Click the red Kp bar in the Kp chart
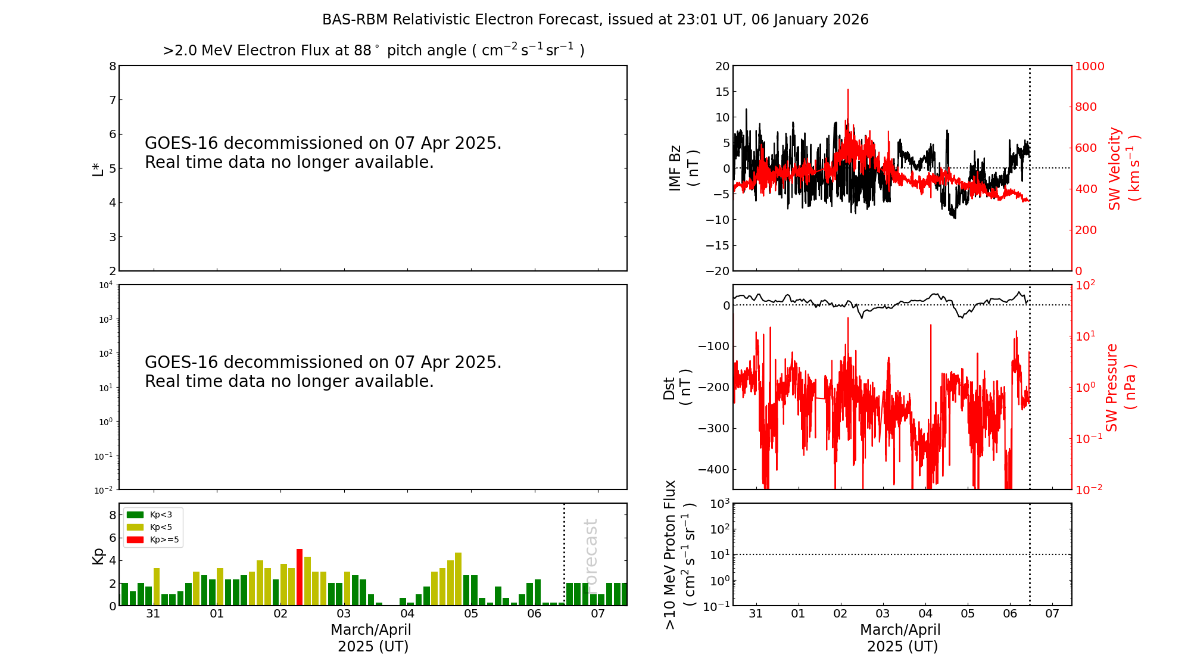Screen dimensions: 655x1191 coord(300,577)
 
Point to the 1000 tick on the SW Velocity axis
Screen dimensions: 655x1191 coord(1089,66)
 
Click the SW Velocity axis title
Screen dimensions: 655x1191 coord(1123,169)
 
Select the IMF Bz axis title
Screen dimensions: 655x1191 coord(683,168)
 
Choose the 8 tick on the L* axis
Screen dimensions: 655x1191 coord(113,66)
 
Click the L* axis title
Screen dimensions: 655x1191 coord(98,169)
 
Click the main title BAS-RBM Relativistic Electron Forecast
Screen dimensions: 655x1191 coord(595,20)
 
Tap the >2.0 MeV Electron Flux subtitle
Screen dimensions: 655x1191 coord(373,51)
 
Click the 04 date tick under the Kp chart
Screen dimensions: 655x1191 coord(407,614)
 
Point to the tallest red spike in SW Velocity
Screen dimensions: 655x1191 coord(848,91)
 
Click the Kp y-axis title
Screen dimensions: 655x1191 coord(98,556)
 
